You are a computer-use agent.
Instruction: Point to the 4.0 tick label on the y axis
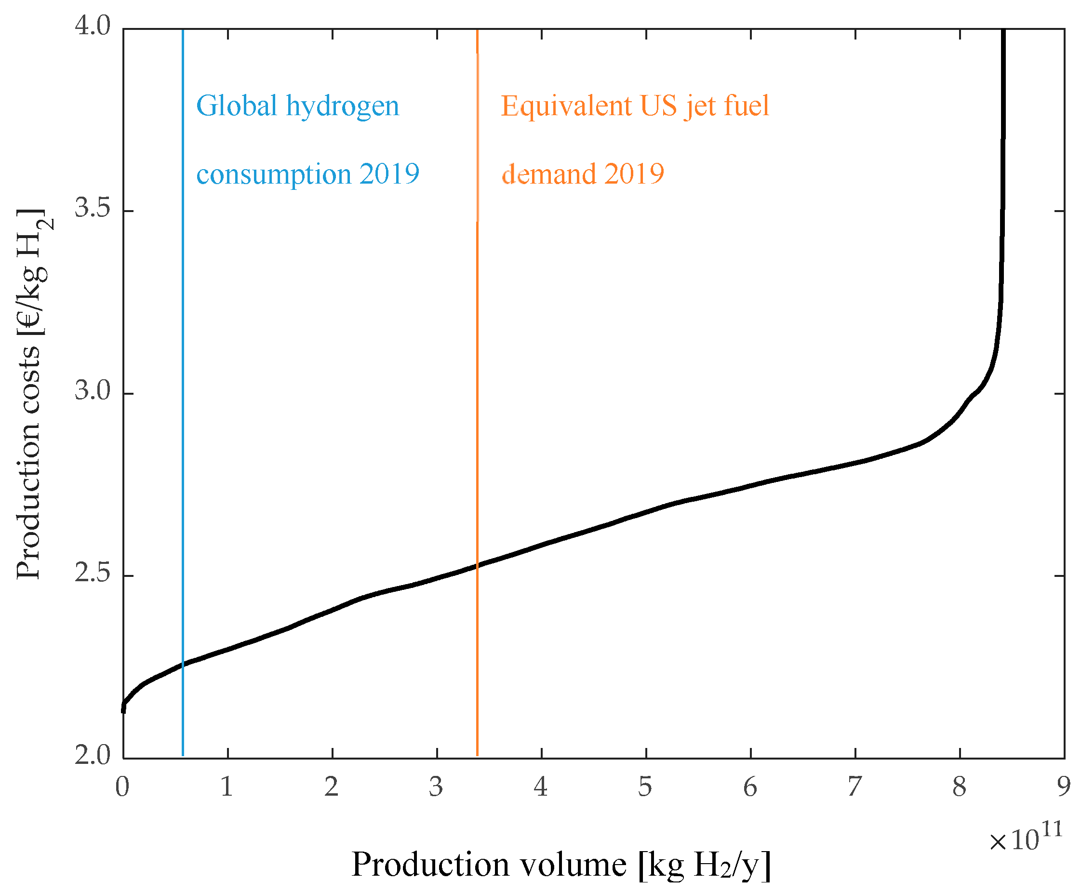click(x=93, y=26)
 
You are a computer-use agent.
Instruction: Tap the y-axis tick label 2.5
click(x=93, y=574)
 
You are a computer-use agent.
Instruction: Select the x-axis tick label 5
click(x=645, y=787)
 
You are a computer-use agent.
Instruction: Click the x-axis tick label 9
click(x=1064, y=787)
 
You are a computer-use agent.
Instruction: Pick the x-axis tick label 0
click(x=122, y=787)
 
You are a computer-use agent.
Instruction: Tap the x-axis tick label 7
click(x=854, y=787)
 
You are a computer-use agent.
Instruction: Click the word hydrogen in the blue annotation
click(x=342, y=107)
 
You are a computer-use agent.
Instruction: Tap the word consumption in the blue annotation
click(x=274, y=174)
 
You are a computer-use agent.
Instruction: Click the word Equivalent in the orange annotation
click(x=566, y=107)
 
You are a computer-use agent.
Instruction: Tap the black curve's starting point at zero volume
click(x=123, y=709)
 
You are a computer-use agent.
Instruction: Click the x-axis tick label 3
click(x=436, y=787)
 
